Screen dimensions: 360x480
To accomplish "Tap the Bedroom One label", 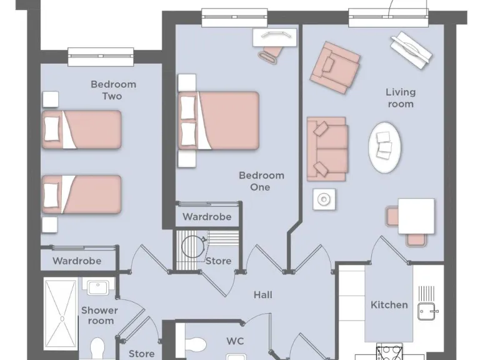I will (x=261, y=181).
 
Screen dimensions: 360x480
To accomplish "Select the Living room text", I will (x=401, y=98).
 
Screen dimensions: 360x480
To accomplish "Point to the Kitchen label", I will (x=389, y=305).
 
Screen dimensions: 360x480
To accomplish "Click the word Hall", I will (x=262, y=295).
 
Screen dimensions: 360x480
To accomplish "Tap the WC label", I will (x=235, y=341).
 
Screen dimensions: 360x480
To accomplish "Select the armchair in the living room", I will (x=335, y=66).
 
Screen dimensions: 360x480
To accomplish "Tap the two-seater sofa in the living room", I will (x=326, y=149).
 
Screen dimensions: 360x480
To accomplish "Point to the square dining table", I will (x=416, y=216).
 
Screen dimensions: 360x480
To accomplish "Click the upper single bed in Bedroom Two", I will (x=81, y=129).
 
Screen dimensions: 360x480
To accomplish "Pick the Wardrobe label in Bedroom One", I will (x=207, y=217).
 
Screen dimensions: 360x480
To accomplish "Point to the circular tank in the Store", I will (x=193, y=246).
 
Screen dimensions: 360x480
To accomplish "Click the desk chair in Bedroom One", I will (x=270, y=54).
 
